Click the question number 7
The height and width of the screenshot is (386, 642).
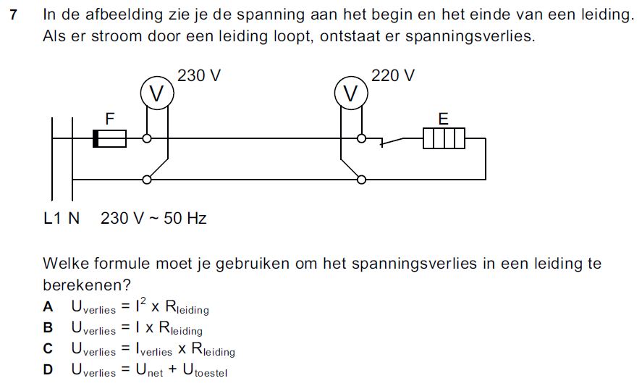(x=14, y=14)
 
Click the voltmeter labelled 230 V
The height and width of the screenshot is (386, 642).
(x=157, y=93)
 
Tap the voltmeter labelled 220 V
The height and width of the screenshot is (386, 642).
(x=351, y=93)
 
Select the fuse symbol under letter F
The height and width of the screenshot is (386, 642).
(x=109, y=138)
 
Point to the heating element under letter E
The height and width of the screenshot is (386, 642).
(x=444, y=138)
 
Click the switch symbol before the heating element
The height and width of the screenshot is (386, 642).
(x=392, y=141)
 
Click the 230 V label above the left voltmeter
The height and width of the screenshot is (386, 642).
(x=199, y=75)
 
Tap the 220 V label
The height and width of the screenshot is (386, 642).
(x=392, y=75)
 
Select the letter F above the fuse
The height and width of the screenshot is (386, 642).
(x=109, y=119)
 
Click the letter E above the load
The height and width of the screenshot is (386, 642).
(x=444, y=119)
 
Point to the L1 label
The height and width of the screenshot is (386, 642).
(x=52, y=218)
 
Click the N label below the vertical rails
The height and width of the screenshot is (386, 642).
(x=74, y=218)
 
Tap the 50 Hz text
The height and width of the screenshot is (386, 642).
(x=185, y=218)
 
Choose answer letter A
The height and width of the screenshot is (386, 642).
(x=48, y=306)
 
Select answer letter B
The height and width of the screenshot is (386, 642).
(x=48, y=327)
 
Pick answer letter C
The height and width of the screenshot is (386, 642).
(x=48, y=348)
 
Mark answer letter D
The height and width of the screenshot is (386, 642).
(x=48, y=369)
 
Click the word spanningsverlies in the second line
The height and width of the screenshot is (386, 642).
(x=470, y=36)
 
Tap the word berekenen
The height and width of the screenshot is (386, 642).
(x=86, y=285)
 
